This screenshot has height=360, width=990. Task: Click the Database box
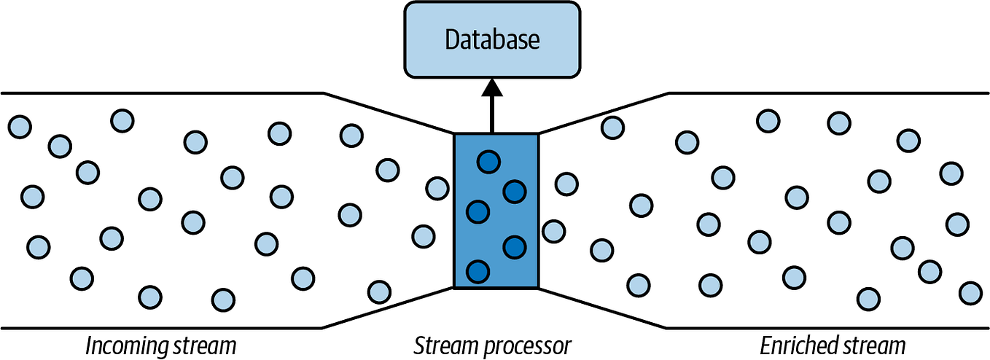point(492,39)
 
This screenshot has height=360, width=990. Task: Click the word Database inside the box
point(492,39)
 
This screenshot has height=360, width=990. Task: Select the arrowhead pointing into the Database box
point(492,87)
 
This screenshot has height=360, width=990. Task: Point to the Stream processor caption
point(492,345)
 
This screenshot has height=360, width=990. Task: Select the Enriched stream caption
point(833,345)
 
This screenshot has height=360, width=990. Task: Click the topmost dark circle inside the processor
point(488,162)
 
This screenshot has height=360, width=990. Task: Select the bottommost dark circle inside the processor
point(478,271)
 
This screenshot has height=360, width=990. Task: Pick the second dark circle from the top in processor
point(515,192)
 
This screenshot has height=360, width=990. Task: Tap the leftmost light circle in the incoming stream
point(20,127)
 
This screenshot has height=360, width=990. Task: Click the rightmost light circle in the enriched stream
point(970,292)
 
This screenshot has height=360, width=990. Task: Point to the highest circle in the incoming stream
point(122,120)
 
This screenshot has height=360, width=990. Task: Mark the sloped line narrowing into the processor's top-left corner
point(388,113)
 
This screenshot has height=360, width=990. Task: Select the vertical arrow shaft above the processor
point(492,115)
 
